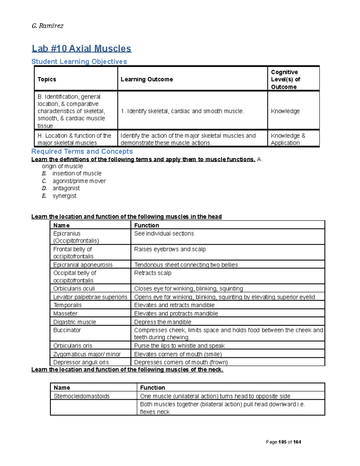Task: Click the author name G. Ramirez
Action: point(47,26)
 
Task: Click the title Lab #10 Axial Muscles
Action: point(82,49)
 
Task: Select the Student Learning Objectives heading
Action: point(79,62)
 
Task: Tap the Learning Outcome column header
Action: point(147,79)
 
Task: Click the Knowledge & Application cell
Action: point(288,139)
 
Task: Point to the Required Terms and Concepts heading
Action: point(82,152)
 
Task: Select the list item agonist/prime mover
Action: point(79,181)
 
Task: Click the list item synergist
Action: point(64,196)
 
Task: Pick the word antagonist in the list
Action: point(66,188)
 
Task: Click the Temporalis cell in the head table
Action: point(67,305)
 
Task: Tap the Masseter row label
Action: point(65,314)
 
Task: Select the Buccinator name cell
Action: point(67,330)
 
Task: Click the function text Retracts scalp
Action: point(153,273)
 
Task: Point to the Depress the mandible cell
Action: point(163,322)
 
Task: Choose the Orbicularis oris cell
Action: point(73,346)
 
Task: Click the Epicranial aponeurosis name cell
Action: point(83,265)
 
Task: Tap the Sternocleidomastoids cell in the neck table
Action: point(82,396)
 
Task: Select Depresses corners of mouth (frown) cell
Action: point(181,362)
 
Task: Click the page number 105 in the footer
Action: point(282,442)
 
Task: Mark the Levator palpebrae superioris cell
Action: point(90,297)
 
